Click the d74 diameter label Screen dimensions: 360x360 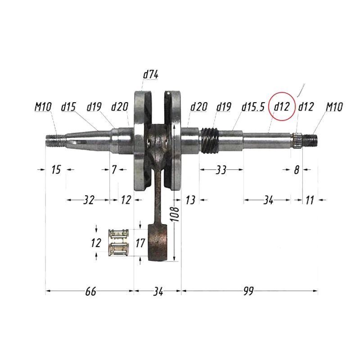tap(150, 75)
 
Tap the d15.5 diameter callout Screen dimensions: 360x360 tap(252, 107)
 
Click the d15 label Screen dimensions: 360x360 tap(68, 107)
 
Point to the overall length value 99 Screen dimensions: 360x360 tap(248, 292)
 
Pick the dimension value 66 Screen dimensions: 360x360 tap(90, 292)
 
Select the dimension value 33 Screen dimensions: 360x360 tap(221, 170)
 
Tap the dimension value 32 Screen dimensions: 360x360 tap(89, 200)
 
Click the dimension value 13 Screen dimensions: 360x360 tap(190, 200)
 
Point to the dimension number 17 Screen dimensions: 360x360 tap(140, 243)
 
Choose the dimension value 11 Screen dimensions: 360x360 tap(309, 200)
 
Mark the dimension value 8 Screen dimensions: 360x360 tap(296, 170)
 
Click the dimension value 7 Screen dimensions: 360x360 tap(114, 170)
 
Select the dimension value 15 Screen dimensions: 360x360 tap(56, 170)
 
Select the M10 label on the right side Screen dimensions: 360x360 tap(334, 107)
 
